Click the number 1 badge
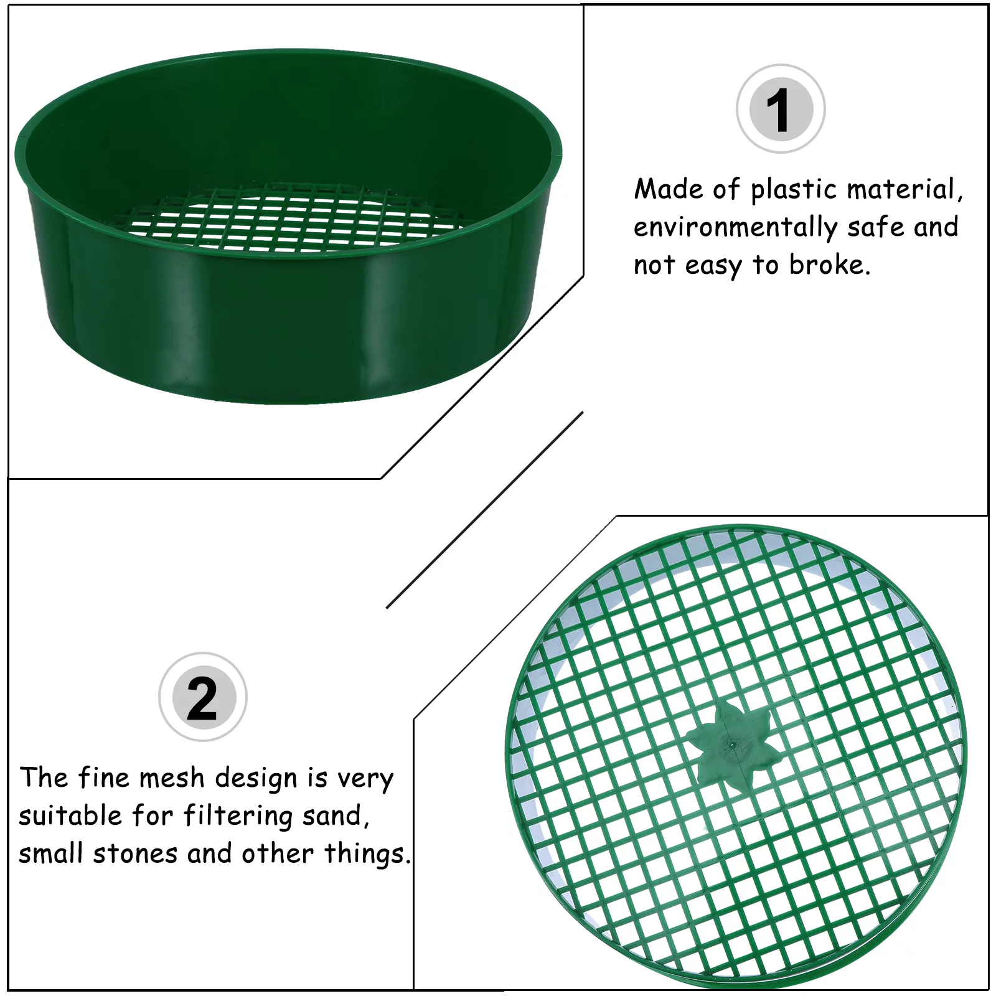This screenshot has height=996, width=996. pos(781,109)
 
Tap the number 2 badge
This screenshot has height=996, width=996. pos(203,697)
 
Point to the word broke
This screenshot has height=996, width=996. pos(829,265)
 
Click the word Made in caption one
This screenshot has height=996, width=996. pos(668,189)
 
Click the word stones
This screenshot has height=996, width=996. pos(136,853)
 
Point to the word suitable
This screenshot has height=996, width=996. pos(70,815)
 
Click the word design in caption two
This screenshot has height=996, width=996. pos(256,779)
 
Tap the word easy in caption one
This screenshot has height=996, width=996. pos(713,266)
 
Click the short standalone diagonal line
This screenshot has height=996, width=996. pos(484,510)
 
